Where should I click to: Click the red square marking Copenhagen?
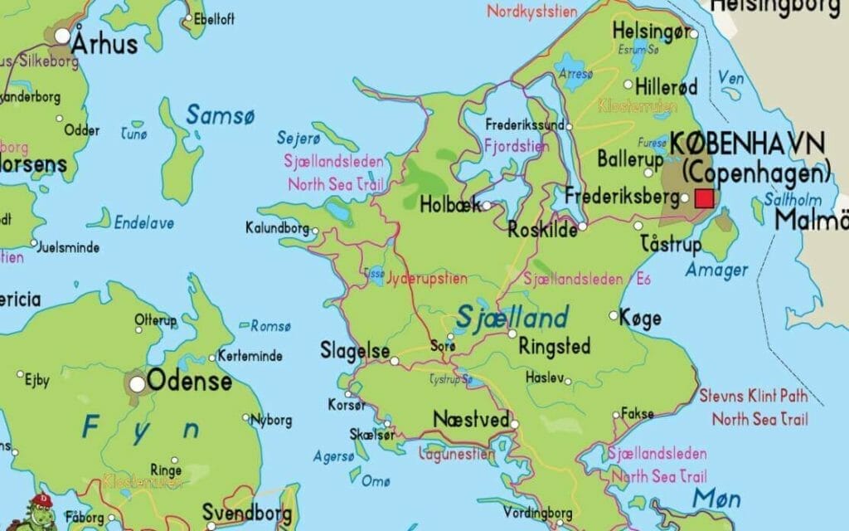tap(704, 198)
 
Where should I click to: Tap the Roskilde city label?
tap(543, 230)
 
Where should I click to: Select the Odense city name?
tap(190, 382)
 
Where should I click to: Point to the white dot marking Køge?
tap(614, 315)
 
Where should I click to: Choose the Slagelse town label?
tap(355, 352)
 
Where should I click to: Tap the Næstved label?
tap(471, 420)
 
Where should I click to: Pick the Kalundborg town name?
tap(277, 227)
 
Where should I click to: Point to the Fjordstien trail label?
tap(516, 146)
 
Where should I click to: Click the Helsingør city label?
tap(651, 32)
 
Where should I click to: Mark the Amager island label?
tap(716, 270)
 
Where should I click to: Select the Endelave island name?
tap(143, 222)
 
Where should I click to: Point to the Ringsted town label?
tap(554, 345)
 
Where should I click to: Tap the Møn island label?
tap(718, 497)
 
